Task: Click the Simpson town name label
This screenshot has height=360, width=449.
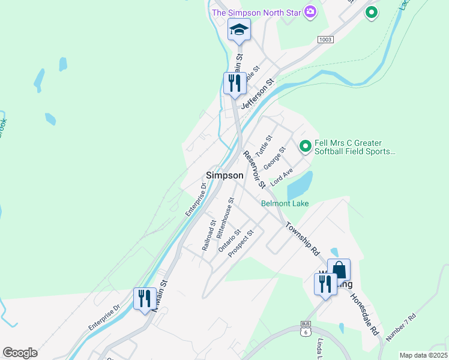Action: pyautogui.click(x=224, y=175)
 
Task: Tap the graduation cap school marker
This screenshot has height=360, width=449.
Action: pyautogui.click(x=239, y=30)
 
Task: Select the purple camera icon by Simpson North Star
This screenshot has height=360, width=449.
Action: pyautogui.click(x=310, y=12)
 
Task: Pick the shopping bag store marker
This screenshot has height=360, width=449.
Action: pyautogui.click(x=339, y=270)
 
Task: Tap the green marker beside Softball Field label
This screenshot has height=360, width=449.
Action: pyautogui.click(x=305, y=146)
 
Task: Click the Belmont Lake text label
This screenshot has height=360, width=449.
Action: pyautogui.click(x=285, y=203)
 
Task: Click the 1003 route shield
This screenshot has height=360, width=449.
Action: pyautogui.click(x=325, y=39)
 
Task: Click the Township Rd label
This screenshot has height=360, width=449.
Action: pyautogui.click(x=303, y=239)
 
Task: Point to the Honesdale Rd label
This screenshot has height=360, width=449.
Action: pyautogui.click(x=365, y=314)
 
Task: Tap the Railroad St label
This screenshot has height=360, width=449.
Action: pyautogui.click(x=209, y=235)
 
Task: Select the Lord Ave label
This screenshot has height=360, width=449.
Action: pyautogui.click(x=282, y=176)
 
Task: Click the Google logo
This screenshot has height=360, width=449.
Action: pyautogui.click(x=20, y=353)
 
